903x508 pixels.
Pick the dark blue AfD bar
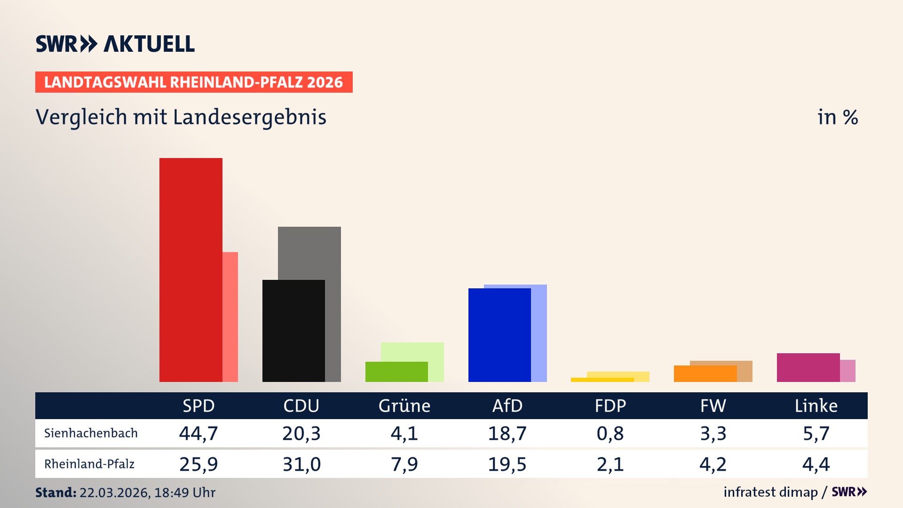(499, 335)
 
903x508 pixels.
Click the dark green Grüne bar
(396, 372)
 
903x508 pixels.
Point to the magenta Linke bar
(808, 367)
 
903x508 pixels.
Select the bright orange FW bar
(705, 373)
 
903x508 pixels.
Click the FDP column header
(610, 406)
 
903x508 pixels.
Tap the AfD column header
(507, 406)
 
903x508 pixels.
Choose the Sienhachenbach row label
(91, 433)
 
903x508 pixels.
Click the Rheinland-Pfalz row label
(89, 464)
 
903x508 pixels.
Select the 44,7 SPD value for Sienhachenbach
(198, 433)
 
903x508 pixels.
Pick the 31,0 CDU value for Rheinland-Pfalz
(301, 464)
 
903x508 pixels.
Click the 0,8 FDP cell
(610, 433)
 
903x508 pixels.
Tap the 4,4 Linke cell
(816, 464)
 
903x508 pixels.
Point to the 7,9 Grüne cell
(404, 464)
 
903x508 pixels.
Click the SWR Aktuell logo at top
(115, 44)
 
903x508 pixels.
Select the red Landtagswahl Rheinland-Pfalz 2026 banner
(194, 82)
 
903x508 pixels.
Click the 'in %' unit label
(838, 117)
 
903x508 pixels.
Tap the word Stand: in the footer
(55, 492)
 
